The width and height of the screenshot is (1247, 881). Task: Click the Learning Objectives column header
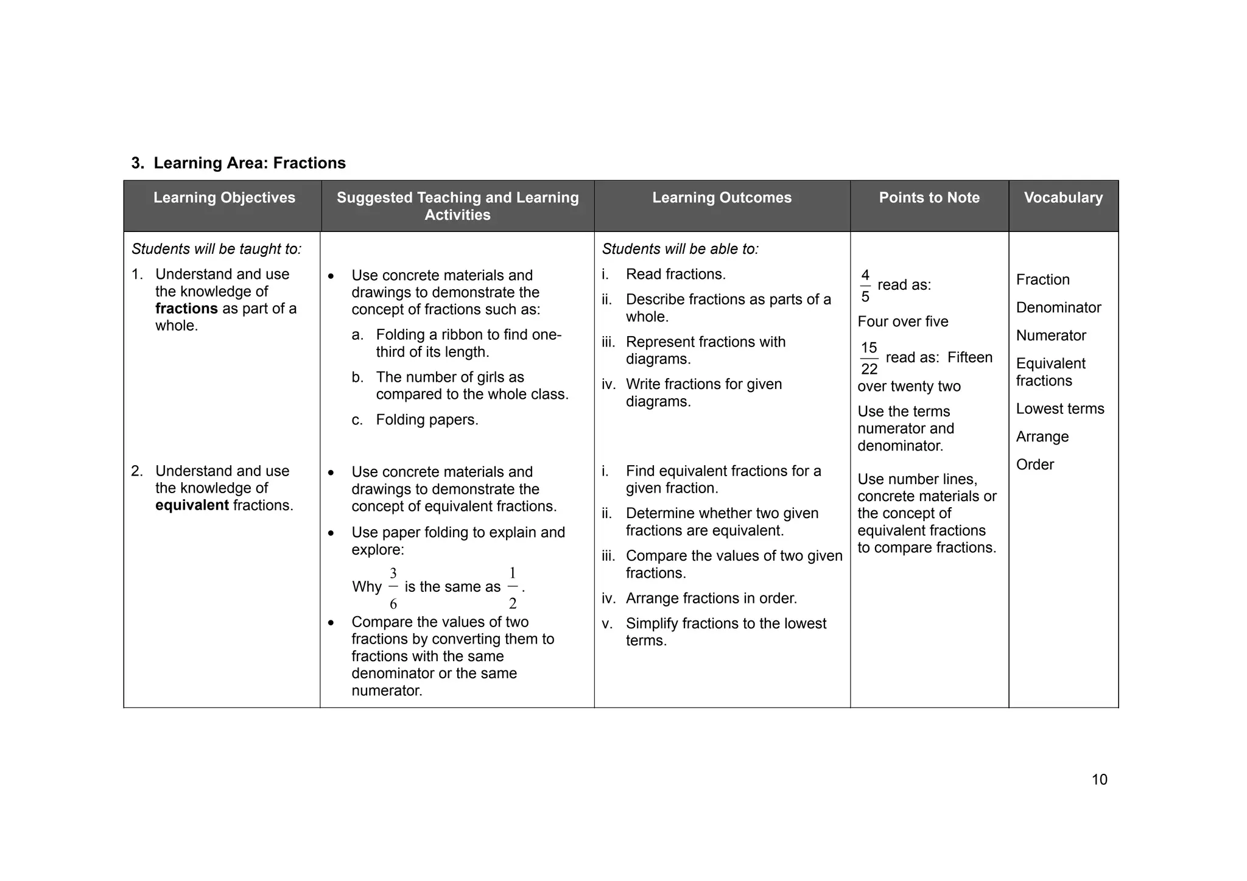click(223, 198)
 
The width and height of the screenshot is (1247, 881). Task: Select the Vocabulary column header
click(1063, 198)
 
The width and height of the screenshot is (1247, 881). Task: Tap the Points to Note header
click(929, 198)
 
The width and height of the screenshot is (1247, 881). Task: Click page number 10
click(1099, 780)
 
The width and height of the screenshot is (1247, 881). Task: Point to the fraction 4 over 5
click(865, 286)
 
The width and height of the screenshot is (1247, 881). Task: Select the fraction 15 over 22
click(869, 358)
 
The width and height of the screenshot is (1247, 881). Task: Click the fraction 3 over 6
click(393, 588)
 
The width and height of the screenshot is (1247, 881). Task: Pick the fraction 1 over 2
click(512, 588)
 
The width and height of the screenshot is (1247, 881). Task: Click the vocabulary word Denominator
click(1058, 307)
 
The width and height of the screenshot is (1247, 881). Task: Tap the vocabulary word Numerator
click(1051, 335)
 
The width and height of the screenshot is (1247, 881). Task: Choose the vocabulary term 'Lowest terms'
click(1059, 409)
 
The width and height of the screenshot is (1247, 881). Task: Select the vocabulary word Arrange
click(1042, 437)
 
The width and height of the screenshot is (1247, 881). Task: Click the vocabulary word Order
click(1034, 465)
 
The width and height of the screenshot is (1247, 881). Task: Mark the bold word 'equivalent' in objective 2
click(192, 505)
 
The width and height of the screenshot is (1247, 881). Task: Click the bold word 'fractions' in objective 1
click(186, 309)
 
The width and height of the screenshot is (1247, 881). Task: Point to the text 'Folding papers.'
click(427, 420)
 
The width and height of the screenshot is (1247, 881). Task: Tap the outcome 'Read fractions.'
click(675, 275)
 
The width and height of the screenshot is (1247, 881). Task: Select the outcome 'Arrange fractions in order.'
click(711, 598)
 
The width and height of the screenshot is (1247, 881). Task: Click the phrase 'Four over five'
click(902, 321)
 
